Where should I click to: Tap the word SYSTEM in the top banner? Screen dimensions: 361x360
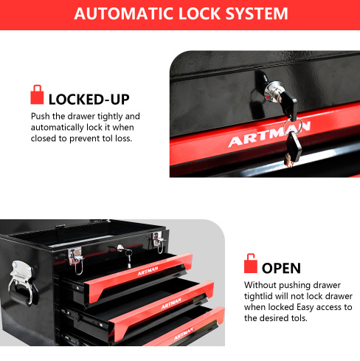253,15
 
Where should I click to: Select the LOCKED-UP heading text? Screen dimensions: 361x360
89,99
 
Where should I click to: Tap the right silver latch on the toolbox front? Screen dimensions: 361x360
156,241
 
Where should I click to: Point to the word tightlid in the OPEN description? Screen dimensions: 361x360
262,296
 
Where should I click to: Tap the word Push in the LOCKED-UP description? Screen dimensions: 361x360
41,116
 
